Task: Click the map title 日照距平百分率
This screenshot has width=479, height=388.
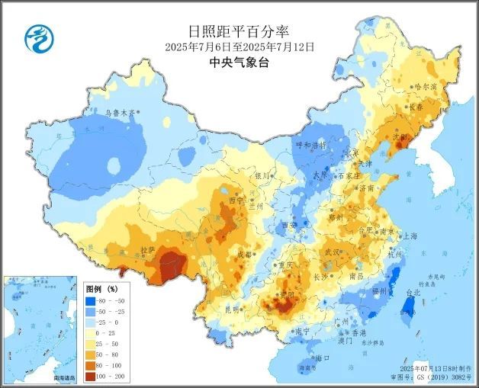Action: [239, 31]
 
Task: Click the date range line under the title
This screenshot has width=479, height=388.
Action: [239, 46]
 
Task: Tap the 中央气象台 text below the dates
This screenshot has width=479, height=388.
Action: [239, 63]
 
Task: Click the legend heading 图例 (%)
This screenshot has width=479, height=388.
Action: [101, 290]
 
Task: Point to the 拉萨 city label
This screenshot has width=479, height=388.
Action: [148, 249]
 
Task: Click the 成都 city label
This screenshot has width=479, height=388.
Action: [243, 255]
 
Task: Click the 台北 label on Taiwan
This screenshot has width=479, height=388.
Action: [413, 292]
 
